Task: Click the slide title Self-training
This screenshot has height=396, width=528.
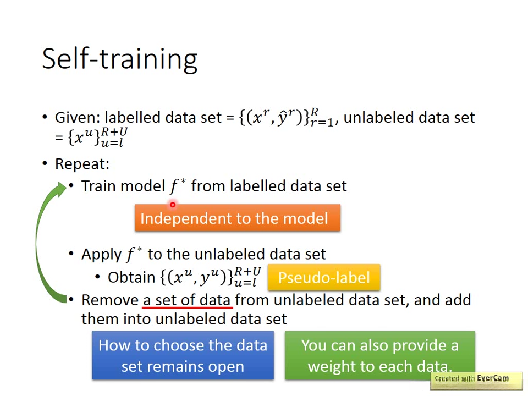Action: coord(119,59)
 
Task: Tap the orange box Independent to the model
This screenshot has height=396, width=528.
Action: coord(238,218)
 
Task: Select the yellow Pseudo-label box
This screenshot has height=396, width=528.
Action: coord(324,277)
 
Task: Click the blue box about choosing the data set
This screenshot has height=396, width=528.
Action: coord(183,355)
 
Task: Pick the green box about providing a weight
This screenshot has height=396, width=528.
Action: coord(380,355)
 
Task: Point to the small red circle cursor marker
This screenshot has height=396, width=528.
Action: coord(173,205)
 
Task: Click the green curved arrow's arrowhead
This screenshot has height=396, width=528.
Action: coord(62,189)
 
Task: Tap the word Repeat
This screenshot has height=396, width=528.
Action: coord(82,164)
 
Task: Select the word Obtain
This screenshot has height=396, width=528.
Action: coord(131,277)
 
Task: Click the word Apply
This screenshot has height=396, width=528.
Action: coord(101,255)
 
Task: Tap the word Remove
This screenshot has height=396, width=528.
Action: coord(110,300)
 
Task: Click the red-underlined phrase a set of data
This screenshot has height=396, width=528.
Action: coord(187,300)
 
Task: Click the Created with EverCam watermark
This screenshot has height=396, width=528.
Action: coord(476,381)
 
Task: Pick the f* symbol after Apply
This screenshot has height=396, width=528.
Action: coord(134,254)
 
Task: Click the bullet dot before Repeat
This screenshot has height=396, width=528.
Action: coord(45,163)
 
